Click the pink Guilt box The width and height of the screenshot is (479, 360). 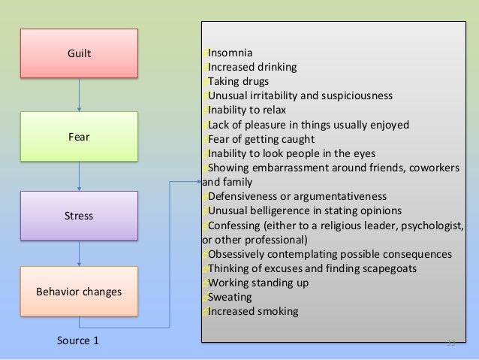(x=80, y=54)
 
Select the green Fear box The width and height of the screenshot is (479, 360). (x=80, y=137)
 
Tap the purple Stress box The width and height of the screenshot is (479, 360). (x=80, y=216)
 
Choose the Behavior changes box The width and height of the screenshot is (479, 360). (x=80, y=291)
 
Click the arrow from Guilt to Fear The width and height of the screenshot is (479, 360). (x=80, y=95)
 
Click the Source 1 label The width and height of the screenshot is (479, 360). (x=78, y=340)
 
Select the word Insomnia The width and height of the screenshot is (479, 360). (x=230, y=53)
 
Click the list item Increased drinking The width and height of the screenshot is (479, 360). (x=252, y=67)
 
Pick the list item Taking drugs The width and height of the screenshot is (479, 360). (x=238, y=81)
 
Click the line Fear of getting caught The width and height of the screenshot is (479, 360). (x=261, y=139)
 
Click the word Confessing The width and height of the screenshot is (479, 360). (x=235, y=225)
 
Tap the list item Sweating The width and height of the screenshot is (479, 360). (x=230, y=297)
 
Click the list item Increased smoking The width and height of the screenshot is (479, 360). (x=253, y=311)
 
